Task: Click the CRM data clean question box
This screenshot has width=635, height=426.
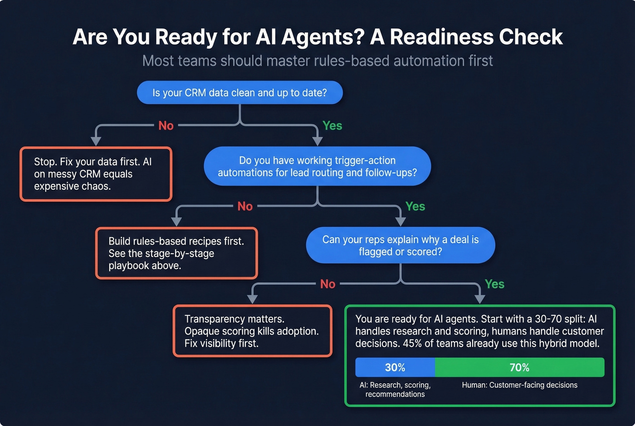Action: tap(239, 93)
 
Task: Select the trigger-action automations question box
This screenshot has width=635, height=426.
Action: tap(317, 166)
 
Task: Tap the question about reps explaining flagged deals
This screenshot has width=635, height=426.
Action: tap(400, 245)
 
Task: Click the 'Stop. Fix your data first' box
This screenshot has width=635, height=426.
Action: tap(96, 174)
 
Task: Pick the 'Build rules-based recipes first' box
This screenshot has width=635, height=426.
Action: tap(176, 253)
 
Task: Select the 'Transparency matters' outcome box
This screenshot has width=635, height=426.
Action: tap(252, 331)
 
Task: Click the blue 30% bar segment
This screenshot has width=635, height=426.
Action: tap(395, 367)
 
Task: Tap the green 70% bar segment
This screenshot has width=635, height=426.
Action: tap(519, 367)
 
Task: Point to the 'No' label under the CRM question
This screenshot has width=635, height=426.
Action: tap(166, 126)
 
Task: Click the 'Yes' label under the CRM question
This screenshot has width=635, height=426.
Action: tap(332, 126)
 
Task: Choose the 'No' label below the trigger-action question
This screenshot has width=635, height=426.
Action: tap(245, 206)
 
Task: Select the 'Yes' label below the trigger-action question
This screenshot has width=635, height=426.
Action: tap(415, 206)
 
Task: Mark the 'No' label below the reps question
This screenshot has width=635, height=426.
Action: tap(327, 284)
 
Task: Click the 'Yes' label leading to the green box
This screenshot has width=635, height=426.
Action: tap(494, 284)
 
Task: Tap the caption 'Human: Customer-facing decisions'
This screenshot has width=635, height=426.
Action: tap(519, 385)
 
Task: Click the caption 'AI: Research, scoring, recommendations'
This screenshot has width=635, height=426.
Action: tap(395, 390)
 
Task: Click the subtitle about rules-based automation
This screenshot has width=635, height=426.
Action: tap(317, 61)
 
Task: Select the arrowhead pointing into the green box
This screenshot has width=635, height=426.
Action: tap(479, 299)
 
